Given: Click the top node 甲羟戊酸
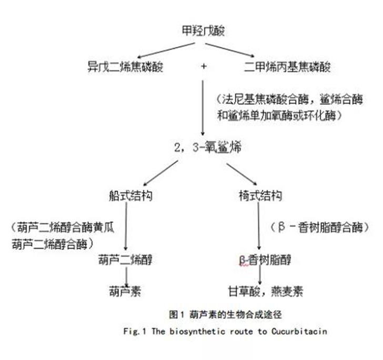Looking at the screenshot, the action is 203,31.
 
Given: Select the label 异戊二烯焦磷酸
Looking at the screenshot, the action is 125,66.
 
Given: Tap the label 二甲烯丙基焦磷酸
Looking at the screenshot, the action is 287,66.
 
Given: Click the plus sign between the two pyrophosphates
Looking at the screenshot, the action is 204,66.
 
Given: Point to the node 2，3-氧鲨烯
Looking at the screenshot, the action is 208,147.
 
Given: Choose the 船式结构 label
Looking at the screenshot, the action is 130,196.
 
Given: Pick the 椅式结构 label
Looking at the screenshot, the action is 260,196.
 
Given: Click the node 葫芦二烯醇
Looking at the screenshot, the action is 125,259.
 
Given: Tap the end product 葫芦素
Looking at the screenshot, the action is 125,292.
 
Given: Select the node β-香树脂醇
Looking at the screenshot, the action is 265,259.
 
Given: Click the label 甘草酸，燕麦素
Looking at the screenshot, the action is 266,292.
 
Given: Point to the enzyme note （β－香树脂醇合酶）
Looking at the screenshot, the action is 320,227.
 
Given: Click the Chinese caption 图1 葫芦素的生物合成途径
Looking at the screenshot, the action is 225,314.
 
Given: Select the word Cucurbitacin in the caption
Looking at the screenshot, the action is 299,332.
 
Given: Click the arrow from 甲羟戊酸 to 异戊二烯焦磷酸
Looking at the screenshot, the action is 166,51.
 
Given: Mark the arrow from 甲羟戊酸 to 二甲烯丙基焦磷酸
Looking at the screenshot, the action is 229,50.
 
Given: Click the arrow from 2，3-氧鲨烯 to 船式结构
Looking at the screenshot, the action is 160,173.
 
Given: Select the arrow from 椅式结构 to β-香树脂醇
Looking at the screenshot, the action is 259,226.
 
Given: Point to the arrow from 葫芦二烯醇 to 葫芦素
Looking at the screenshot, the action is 126,277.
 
